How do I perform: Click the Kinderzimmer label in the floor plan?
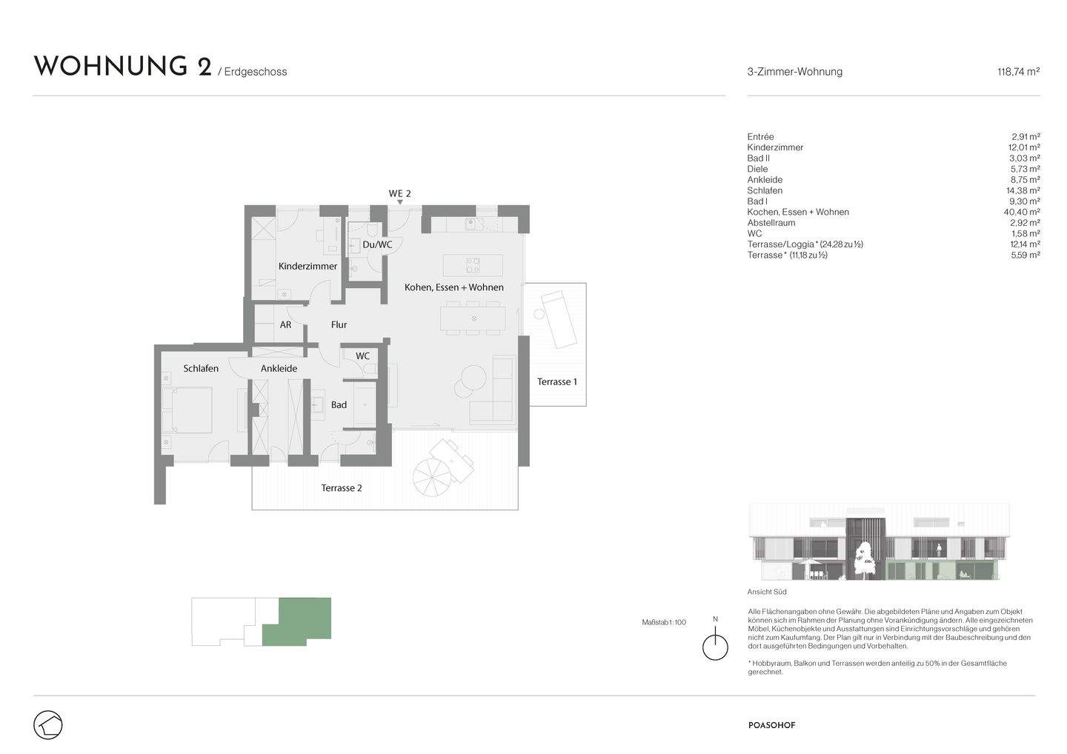[x=308, y=266]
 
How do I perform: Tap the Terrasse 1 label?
[x=556, y=381]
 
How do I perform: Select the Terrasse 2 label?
[x=341, y=488]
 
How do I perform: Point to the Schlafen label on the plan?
[x=201, y=368]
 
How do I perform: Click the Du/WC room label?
[x=376, y=244]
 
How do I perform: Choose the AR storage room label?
[x=285, y=324]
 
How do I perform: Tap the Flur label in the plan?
[x=339, y=324]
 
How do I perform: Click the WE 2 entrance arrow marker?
[x=400, y=201]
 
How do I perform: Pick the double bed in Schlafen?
[x=192, y=410]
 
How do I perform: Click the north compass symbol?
[x=715, y=646]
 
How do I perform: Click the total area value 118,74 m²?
[x=1018, y=72]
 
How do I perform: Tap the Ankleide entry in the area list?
[x=765, y=180]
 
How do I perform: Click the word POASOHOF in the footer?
[x=771, y=726]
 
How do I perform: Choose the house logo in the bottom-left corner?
[x=48, y=724]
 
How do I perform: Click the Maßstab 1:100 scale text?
[x=663, y=622]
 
